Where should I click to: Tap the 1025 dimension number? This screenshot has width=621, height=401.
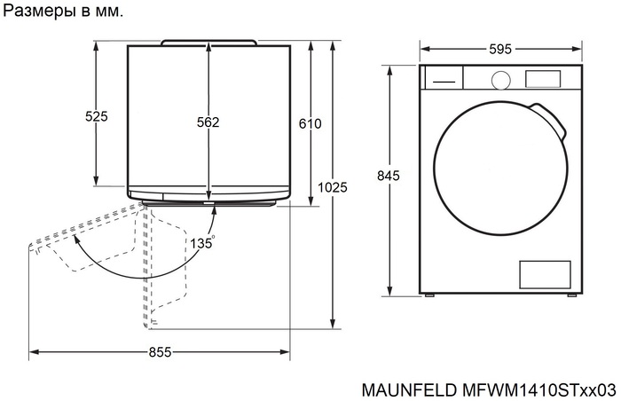(332, 187)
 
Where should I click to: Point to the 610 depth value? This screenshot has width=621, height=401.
(310, 123)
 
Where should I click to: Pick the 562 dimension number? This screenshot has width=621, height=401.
(208, 122)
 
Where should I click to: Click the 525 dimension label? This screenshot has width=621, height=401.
(96, 116)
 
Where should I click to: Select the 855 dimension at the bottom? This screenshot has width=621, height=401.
(160, 352)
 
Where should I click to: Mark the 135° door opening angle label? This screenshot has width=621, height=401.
(201, 241)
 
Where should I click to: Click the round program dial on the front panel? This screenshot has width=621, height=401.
(500, 79)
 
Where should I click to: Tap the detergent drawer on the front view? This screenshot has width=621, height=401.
(444, 78)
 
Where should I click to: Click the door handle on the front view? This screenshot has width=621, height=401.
(550, 119)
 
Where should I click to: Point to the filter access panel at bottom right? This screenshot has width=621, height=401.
(542, 273)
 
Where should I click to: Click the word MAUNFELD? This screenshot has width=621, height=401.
(407, 389)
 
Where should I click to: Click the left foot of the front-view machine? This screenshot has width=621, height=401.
(429, 295)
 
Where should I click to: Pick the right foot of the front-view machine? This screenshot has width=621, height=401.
(573, 295)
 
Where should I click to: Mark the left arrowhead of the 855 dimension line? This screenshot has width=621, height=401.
(33, 352)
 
